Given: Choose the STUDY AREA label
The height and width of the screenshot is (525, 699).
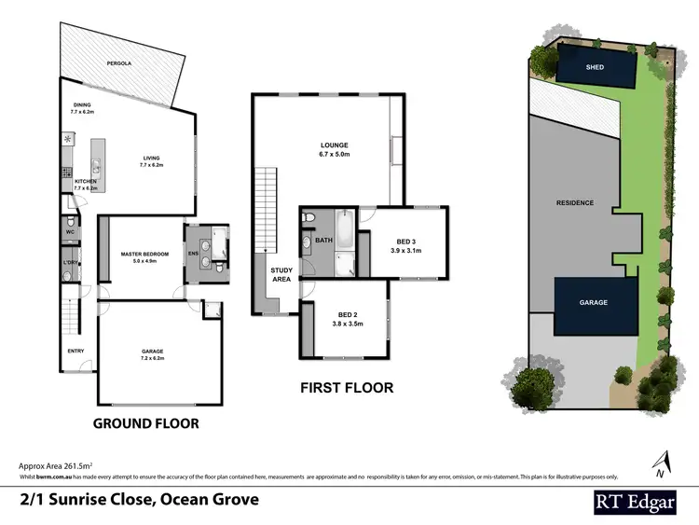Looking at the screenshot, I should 281,275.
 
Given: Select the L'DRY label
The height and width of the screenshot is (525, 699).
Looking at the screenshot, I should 68,264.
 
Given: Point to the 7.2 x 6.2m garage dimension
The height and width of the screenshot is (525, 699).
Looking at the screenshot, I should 152,358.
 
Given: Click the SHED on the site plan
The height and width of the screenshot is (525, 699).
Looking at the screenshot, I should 595,67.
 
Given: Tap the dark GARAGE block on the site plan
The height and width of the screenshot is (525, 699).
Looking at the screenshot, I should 594,303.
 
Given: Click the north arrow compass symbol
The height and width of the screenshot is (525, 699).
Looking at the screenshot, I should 664,460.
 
